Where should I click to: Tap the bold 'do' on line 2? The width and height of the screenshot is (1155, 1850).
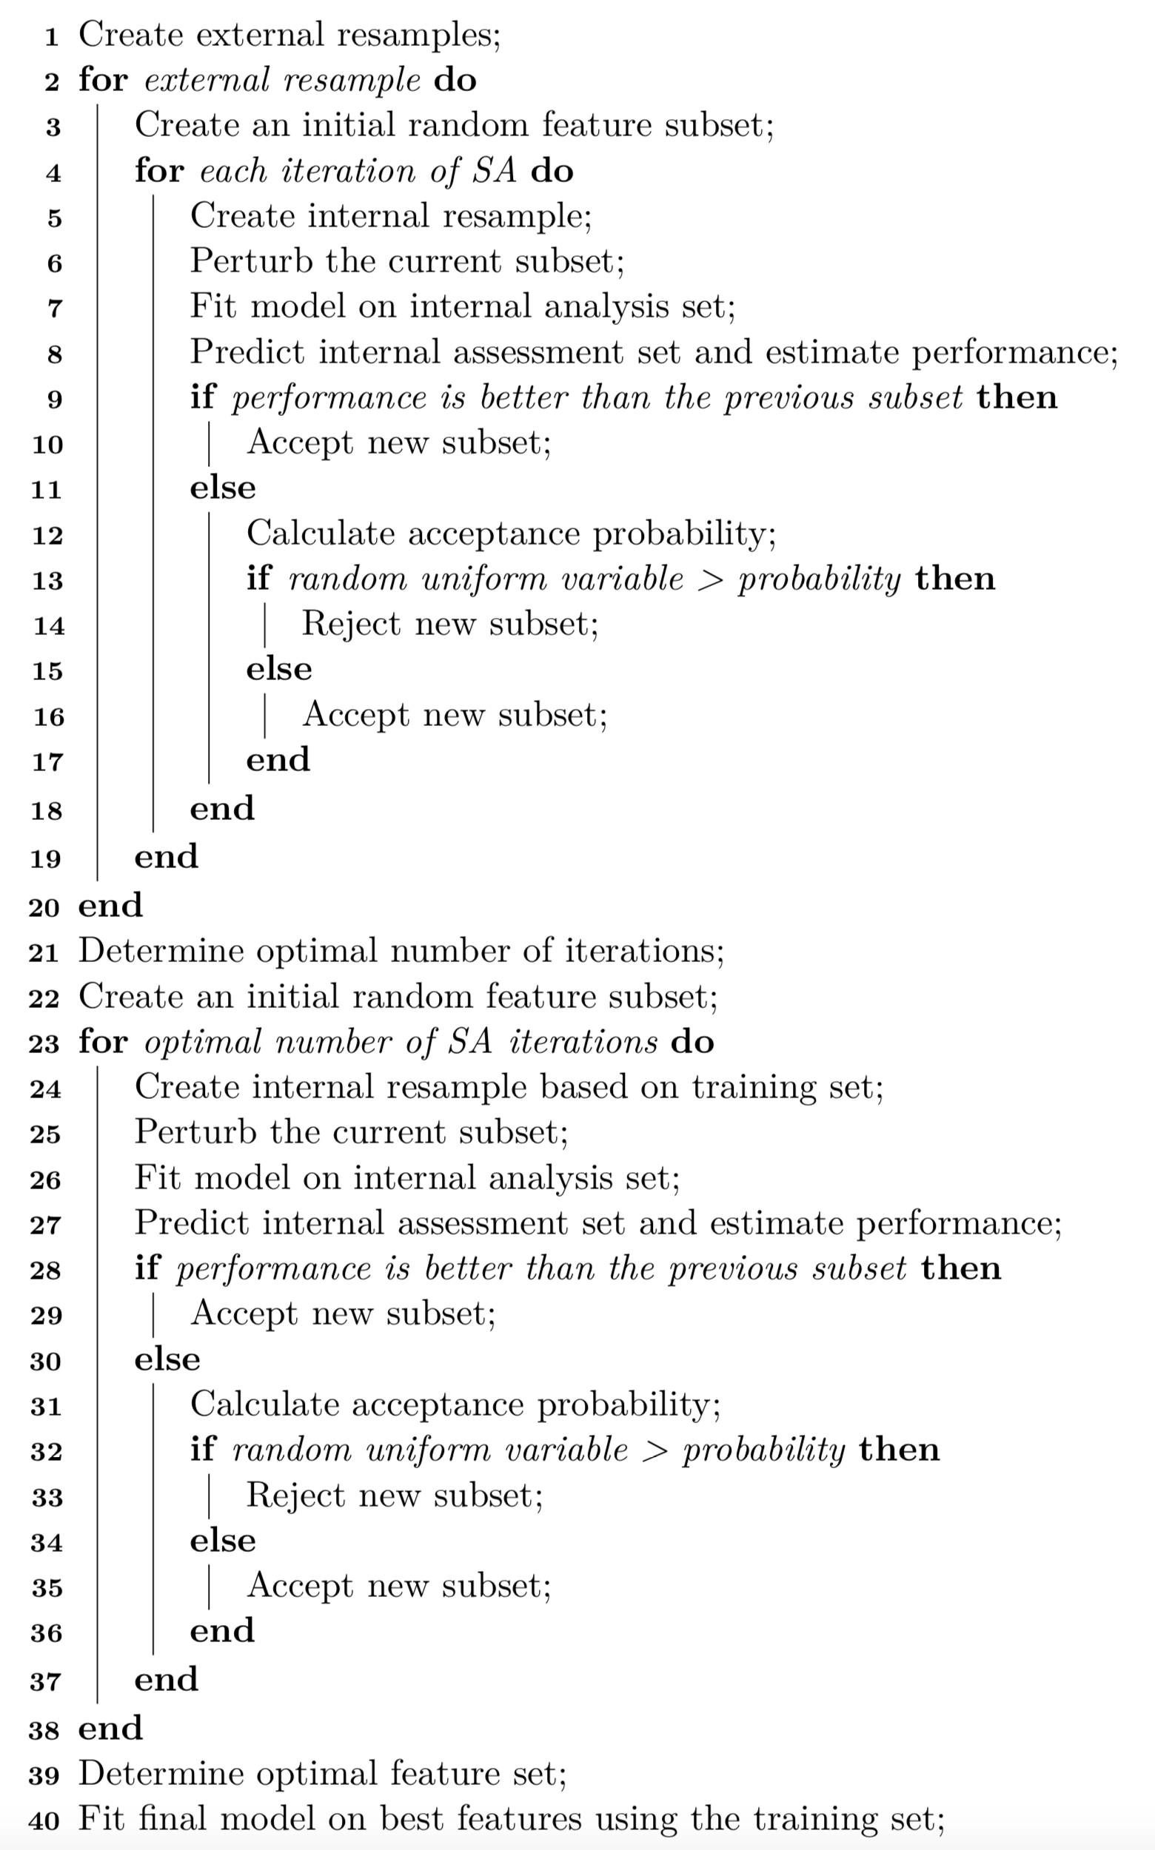click(455, 80)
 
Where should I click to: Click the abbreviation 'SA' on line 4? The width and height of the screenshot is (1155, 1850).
click(494, 170)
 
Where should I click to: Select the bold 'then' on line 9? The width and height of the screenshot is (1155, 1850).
click(1017, 397)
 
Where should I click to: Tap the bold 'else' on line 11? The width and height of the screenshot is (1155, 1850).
click(222, 487)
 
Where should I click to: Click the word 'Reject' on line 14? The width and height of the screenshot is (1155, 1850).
click(351, 624)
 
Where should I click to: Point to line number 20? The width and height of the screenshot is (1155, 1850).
click(44, 907)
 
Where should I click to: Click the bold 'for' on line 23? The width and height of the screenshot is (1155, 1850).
click(102, 1042)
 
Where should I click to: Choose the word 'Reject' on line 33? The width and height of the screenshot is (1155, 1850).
click(295, 1495)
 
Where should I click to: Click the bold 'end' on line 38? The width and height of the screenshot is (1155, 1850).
click(110, 1728)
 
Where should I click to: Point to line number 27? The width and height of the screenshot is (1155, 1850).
click(45, 1225)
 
